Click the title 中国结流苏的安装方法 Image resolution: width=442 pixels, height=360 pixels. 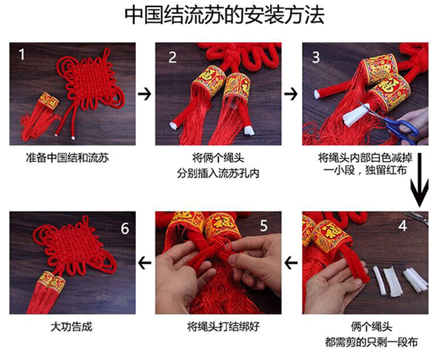[224, 15]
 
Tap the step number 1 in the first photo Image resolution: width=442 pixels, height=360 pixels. [22, 54]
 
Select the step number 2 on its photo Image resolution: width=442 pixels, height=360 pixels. [172, 57]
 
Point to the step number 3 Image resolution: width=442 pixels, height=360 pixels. [316, 57]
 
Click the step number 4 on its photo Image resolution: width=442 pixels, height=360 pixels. [403, 226]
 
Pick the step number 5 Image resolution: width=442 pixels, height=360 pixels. [263, 226]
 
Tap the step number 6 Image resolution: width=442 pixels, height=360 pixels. [125, 229]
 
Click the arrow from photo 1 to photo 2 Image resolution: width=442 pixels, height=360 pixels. [144, 94]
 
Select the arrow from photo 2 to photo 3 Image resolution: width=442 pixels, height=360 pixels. [291, 94]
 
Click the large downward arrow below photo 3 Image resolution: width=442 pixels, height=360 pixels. [420, 180]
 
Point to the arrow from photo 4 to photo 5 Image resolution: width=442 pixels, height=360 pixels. [291, 263]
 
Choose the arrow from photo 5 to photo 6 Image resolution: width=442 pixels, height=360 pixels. [144, 263]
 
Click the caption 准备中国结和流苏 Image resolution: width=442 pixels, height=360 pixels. [67, 158]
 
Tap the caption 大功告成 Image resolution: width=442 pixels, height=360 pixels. [71, 327]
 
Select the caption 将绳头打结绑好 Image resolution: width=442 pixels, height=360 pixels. [223, 327]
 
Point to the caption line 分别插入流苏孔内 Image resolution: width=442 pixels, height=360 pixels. [218, 173]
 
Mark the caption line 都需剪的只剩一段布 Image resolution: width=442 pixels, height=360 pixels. [371, 342]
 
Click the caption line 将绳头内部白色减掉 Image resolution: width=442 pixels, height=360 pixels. [365, 158]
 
